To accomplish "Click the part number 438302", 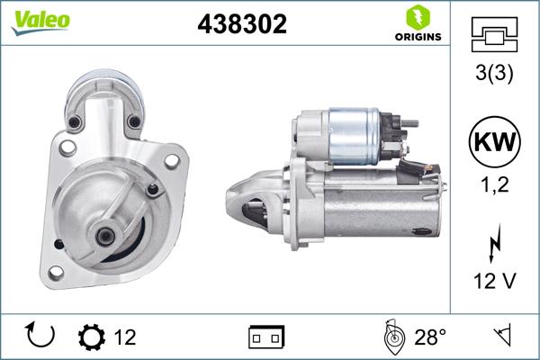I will pos(241,25).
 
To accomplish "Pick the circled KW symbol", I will pos(494,143).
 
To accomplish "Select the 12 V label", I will pos(494,282).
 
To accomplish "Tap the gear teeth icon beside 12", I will pos(91,337).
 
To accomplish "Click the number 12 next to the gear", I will pos(125,337).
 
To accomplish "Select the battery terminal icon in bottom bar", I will pos(266,337).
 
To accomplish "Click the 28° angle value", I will pos(430,337).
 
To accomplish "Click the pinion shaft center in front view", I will pos(106,236).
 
